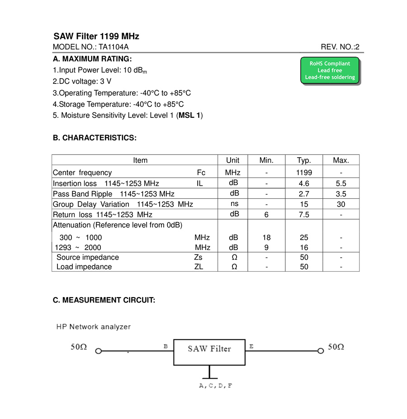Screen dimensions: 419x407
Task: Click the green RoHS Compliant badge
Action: pos(330,71)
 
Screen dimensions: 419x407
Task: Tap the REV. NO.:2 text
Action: pos(340,47)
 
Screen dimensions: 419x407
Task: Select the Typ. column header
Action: pos(304,160)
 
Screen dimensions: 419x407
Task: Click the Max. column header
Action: pos(341,160)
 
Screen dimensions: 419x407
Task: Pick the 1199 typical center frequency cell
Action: pos(304,173)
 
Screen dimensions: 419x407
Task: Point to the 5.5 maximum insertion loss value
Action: pos(341,183)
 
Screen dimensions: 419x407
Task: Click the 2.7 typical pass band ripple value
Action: pos(304,194)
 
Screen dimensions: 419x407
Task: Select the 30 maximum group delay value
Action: pos(341,204)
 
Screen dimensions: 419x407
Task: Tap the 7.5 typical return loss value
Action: pos(304,215)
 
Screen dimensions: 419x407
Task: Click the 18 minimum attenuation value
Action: pos(267,237)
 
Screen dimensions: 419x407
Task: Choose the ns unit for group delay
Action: pos(234,204)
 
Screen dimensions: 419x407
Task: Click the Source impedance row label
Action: pos(88,257)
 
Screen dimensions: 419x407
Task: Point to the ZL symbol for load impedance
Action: pos(199,267)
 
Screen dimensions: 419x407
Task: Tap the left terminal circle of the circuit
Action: pos(98,351)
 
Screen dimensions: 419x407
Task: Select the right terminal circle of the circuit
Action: pos(321,351)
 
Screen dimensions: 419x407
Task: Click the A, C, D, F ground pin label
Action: pos(216,386)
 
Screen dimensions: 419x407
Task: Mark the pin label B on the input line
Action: pos(166,347)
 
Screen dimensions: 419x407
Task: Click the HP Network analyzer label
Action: pos(94,327)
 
